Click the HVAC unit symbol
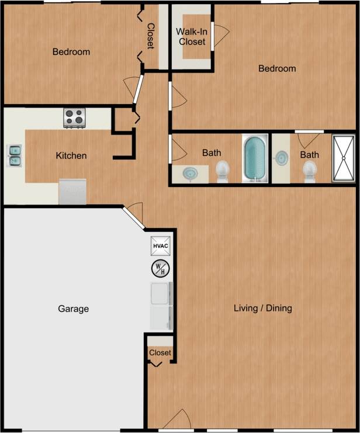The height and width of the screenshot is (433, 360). pos(161,246)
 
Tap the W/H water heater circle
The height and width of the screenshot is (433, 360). pos(160,268)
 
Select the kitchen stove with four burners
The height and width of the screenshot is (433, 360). pos(74,118)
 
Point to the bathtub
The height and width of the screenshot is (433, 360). pos(254,158)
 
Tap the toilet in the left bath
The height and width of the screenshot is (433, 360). pos(223,170)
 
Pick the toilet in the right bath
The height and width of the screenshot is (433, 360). pos(309,169)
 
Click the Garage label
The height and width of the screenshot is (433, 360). pos(74,309)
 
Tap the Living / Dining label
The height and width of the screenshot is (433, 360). pos(262,308)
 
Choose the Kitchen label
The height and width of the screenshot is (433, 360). pos(71,155)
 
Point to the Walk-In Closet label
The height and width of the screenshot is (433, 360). pos(192,36)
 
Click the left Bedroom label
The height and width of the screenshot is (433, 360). pos(71,52)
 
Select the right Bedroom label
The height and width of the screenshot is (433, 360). pos(277,68)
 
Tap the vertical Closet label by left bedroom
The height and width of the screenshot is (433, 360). pos(151,36)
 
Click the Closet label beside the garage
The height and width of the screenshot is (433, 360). pos(160,353)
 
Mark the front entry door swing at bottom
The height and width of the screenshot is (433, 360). pos(177,421)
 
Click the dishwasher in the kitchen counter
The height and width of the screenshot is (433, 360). pos(72,191)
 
